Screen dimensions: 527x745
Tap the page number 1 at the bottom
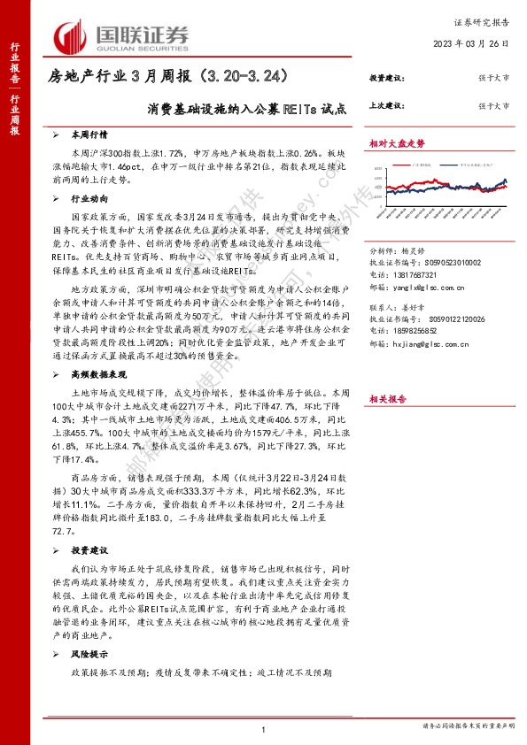click(x=264, y=728)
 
